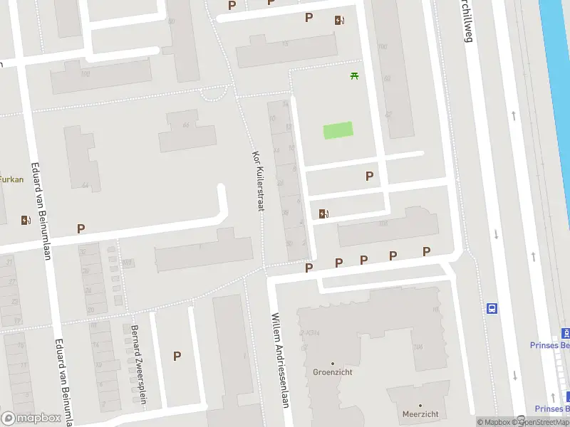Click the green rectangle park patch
pos(338,130)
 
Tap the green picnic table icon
pos(353,75)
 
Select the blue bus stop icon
pos(492,308)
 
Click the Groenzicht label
pos(332,372)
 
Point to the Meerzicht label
pos(420,413)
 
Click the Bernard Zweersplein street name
pos(138,364)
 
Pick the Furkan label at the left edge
pos(11,179)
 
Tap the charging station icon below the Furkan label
pos(26,220)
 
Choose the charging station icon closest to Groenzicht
pos(324,213)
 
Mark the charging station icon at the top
pos(340,21)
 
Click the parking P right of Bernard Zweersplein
pos(177,356)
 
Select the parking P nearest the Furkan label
pos(81,228)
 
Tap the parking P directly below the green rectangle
pos(369,176)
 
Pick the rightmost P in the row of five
pos(426,251)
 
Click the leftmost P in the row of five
pos(309,268)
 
